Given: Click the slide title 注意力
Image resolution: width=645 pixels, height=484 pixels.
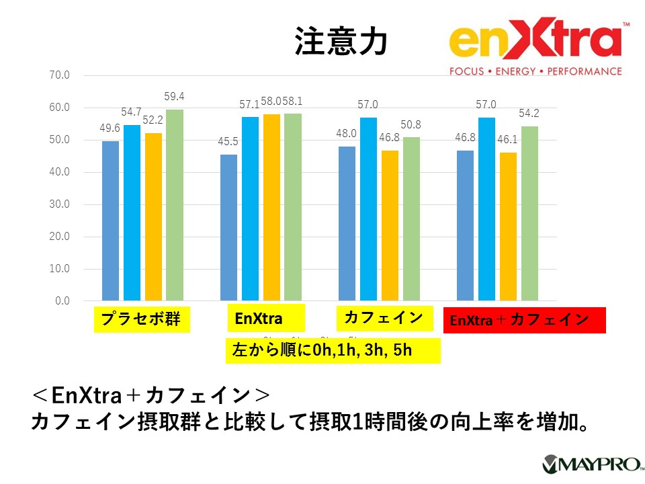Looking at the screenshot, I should coord(341,41).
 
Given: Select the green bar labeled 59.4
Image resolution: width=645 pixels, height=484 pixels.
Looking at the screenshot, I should coord(175,205).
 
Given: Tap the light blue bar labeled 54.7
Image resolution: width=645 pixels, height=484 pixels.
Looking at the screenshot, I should coord(132,212).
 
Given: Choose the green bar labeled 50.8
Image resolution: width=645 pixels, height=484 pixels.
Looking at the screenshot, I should coord(411,218).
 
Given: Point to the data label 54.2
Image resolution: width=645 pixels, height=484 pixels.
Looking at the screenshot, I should coord(529,114).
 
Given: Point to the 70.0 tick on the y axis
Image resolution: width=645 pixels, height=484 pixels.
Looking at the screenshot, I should coord(60,75).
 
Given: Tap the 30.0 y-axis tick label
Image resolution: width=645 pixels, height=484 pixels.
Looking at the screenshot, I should coord(60,204).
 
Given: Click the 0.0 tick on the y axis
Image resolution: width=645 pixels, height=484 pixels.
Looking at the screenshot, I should coord(62,301).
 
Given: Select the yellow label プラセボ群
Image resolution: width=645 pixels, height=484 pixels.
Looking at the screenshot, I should coord(141,319).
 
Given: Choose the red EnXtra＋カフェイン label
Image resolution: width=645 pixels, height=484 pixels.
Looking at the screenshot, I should coord(524,320).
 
